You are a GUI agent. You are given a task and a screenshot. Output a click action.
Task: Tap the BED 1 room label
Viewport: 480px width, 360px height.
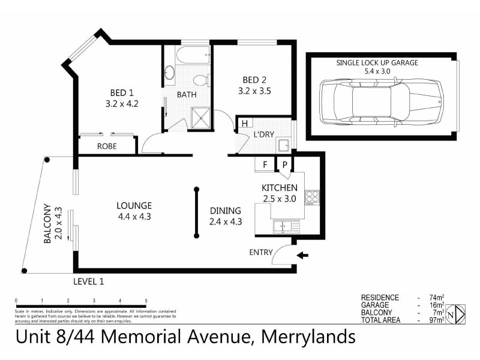pyautogui.click(x=122, y=92)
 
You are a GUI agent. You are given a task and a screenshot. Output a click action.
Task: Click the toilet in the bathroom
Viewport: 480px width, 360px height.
pyautogui.click(x=200, y=79)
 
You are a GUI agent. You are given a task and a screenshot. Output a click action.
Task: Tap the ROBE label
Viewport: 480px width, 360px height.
pyautogui.click(x=107, y=146)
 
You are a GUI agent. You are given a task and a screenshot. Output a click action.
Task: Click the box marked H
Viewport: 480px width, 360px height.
pyautogui.click(x=244, y=124)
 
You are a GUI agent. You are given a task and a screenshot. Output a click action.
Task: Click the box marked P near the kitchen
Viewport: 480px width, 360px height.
pyautogui.click(x=284, y=164)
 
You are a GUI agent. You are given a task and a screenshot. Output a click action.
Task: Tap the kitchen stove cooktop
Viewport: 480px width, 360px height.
pyautogui.click(x=312, y=197)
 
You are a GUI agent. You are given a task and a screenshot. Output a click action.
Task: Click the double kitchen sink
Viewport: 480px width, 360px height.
pyautogui.click(x=286, y=226)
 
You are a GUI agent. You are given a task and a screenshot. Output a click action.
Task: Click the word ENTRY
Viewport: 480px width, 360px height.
pyautogui.click(x=261, y=252)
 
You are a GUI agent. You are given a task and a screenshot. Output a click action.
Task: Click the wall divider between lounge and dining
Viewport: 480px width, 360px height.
pyautogui.click(x=196, y=213)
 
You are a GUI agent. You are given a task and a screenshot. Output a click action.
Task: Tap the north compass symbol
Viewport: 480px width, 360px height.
pyautogui.click(x=458, y=313)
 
